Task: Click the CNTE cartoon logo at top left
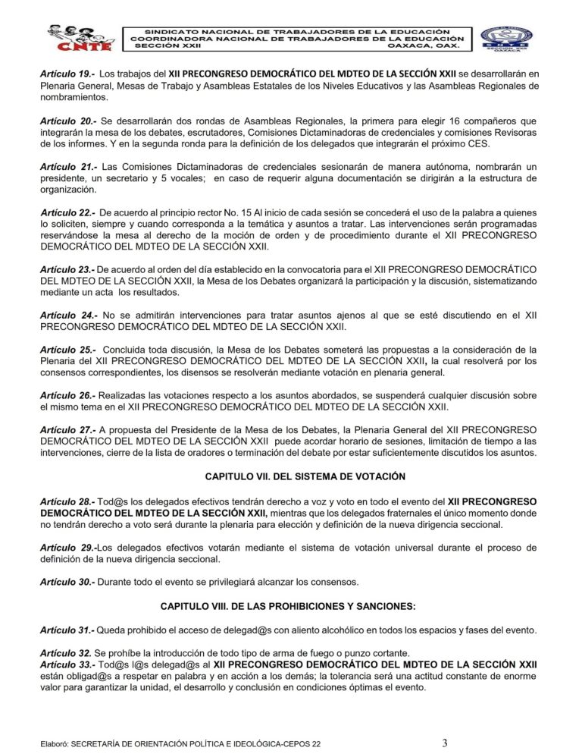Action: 77,37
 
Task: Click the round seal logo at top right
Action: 506,38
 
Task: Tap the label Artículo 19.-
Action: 68,74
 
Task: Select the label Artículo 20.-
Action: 68,121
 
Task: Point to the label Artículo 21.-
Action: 68,167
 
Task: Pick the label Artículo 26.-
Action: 67,396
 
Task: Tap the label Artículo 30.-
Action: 67,582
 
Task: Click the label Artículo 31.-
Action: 67,631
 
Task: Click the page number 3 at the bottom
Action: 445,743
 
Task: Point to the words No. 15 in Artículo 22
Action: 216,213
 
